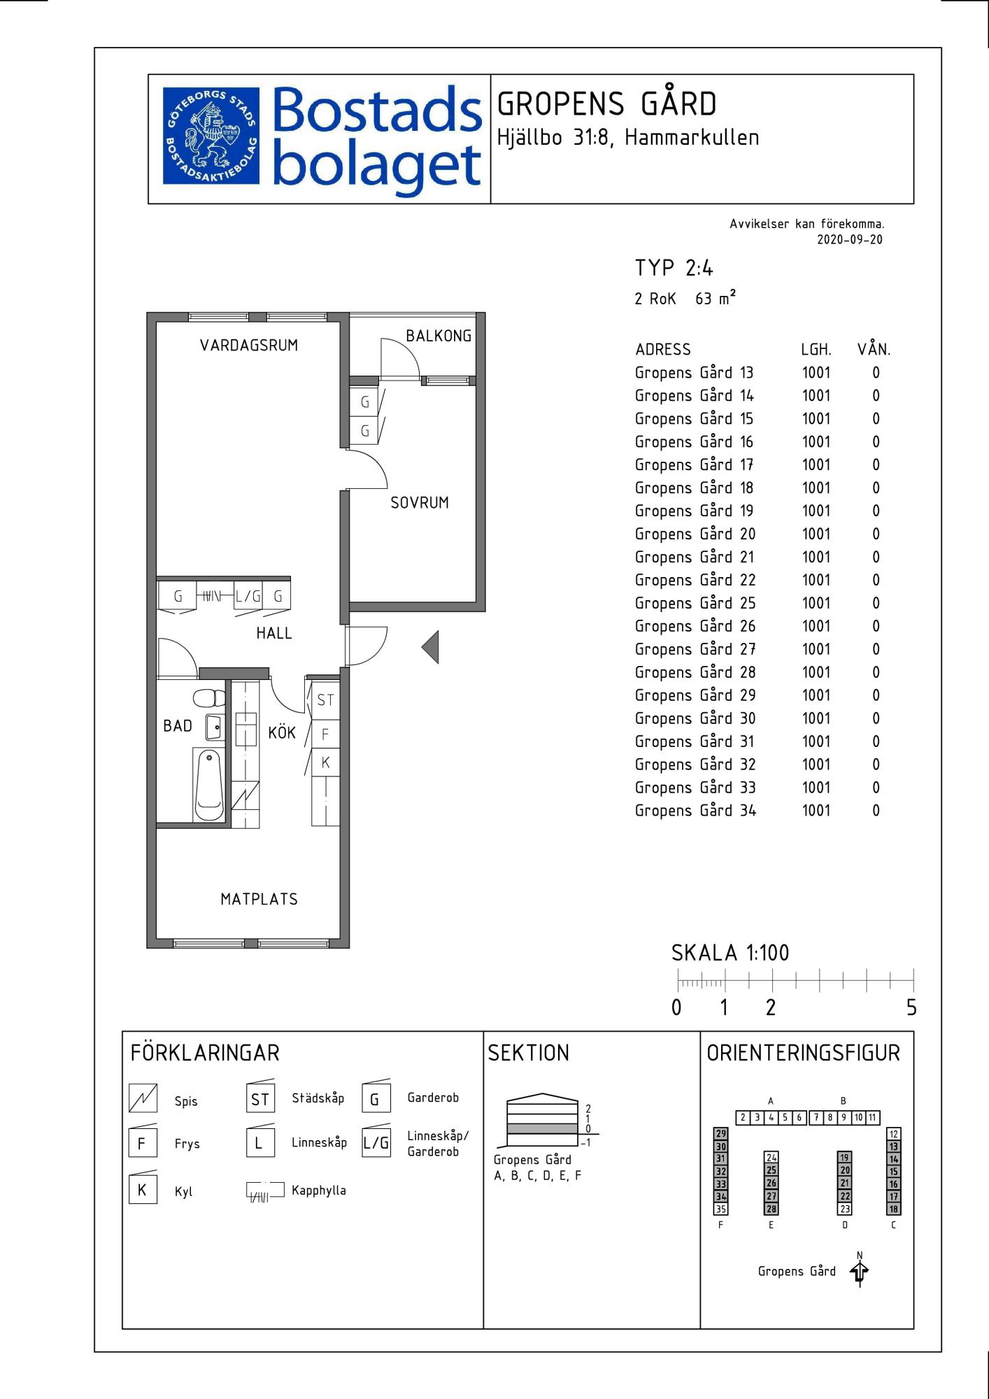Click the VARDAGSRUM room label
[249, 346]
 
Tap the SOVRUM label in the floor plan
[420, 503]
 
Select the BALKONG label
[439, 336]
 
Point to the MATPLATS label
[259, 900]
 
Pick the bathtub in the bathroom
[208, 785]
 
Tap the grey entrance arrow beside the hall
[431, 647]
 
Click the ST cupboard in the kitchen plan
[325, 700]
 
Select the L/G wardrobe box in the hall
[248, 597]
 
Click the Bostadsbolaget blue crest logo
[211, 136]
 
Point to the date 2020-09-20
[850, 240]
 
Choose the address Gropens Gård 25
[695, 604]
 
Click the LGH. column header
[816, 350]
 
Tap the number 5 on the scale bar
[911, 1008]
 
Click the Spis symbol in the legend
[143, 1099]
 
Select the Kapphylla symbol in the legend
[265, 1191]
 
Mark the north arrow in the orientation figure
[860, 1270]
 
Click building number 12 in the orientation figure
[893, 1134]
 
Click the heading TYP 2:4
[674, 268]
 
